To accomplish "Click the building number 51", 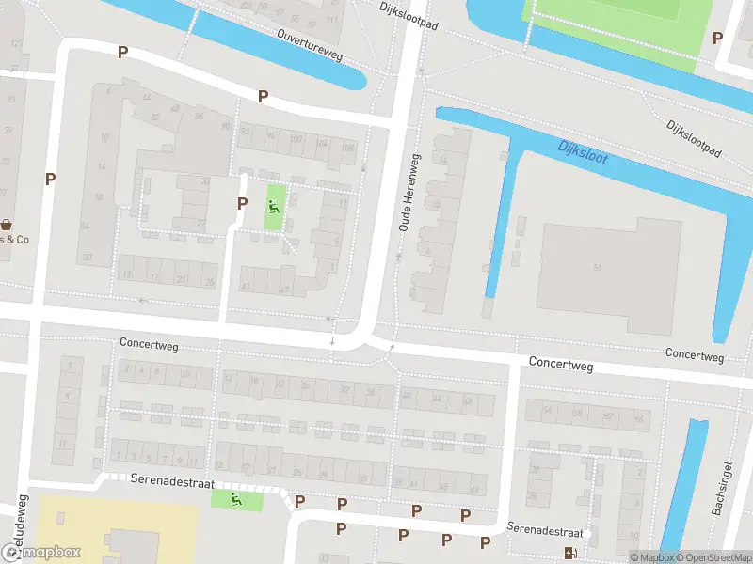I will (x=597, y=267).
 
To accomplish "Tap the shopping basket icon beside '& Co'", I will (x=8, y=225).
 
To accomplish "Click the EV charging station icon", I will (x=569, y=552).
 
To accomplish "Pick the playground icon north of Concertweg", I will (x=274, y=207).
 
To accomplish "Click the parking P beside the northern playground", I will (x=242, y=204).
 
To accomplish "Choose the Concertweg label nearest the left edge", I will (x=149, y=344).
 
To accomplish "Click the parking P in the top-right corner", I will (x=717, y=39).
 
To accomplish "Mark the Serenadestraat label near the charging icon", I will (x=545, y=530).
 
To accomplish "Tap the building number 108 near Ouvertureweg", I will (x=348, y=148).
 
